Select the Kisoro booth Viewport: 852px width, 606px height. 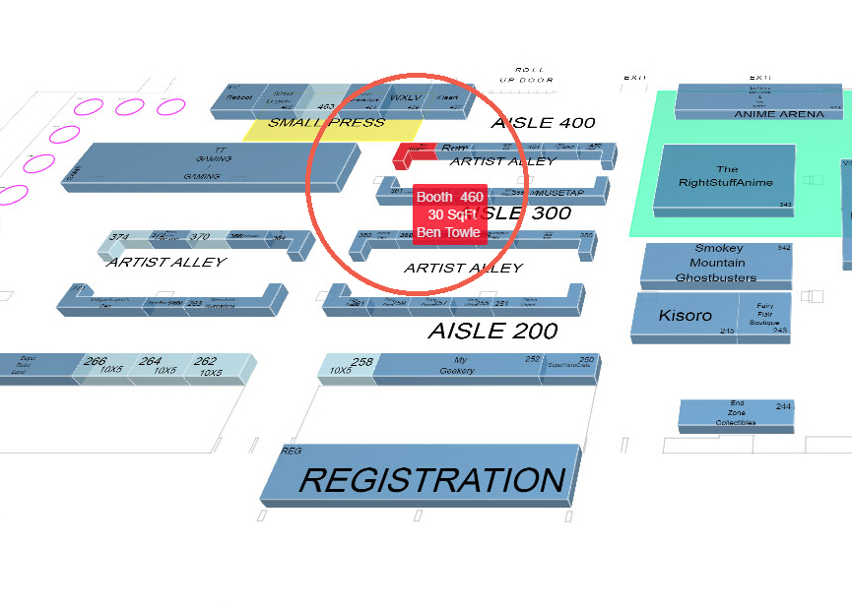coord(685,316)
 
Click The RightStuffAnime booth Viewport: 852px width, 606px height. coord(725,177)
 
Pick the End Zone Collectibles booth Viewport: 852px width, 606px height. coord(735,414)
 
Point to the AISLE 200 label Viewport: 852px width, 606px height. coord(492,332)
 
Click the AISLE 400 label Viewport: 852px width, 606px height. coord(543,123)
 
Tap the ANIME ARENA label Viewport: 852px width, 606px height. coord(779,114)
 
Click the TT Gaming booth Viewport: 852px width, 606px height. coord(213,161)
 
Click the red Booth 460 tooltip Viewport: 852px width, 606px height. coord(449,214)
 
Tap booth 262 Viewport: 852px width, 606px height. coord(207,366)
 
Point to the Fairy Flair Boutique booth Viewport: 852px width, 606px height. coord(764,315)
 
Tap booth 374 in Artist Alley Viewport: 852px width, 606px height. coord(119,238)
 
